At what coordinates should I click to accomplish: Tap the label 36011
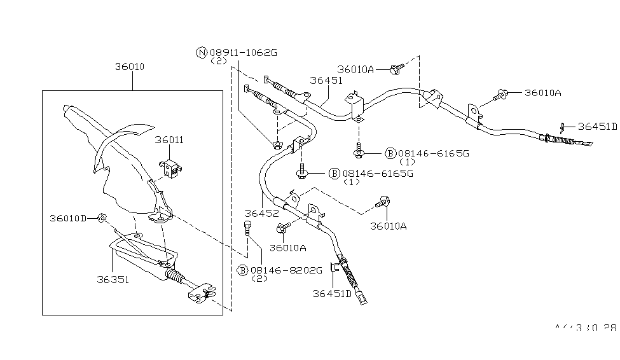167,140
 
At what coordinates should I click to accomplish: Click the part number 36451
326,81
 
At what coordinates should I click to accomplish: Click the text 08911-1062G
244,53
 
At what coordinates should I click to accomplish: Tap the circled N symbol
202,53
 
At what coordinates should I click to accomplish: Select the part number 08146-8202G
286,270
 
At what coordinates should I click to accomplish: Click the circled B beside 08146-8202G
242,270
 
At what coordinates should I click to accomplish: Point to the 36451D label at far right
596,126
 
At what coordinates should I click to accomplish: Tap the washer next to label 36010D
103,219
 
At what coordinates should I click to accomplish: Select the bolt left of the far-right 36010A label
500,96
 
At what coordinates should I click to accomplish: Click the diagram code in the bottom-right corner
585,328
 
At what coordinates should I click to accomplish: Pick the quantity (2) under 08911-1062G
218,62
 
